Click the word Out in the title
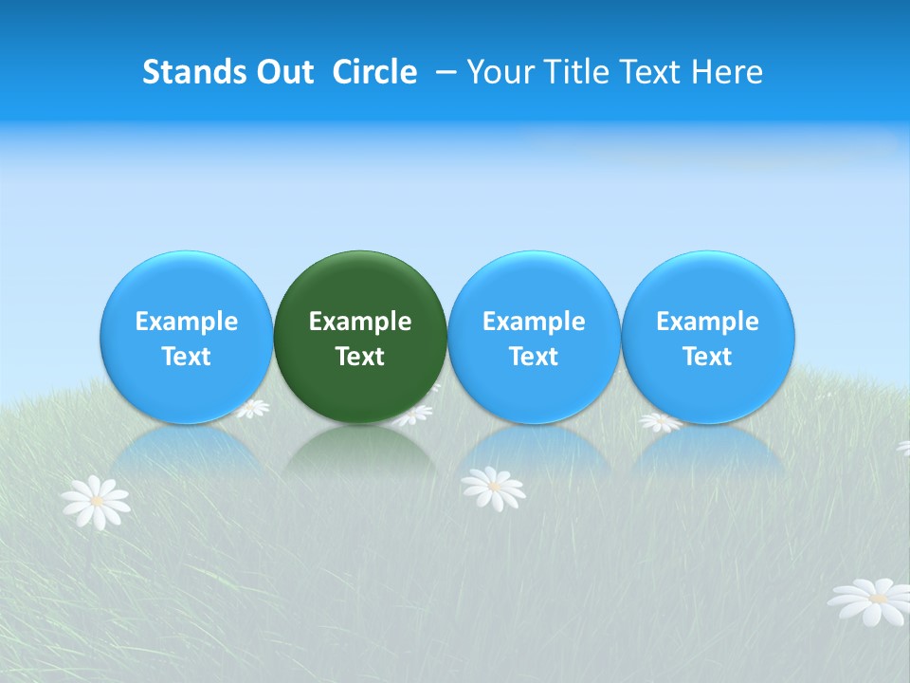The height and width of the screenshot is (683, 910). point(282,72)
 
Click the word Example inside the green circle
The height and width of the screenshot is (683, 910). point(360,322)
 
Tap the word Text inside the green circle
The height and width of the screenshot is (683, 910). point(360,357)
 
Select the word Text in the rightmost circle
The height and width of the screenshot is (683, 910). point(707,357)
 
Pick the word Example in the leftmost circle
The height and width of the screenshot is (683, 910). point(186,322)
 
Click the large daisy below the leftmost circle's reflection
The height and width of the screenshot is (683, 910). point(95,503)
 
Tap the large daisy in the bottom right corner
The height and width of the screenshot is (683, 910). point(870,601)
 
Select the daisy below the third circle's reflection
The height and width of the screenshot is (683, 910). point(493,488)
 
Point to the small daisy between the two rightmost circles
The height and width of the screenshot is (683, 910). point(660,422)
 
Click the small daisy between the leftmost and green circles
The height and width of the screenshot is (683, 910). point(253,409)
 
